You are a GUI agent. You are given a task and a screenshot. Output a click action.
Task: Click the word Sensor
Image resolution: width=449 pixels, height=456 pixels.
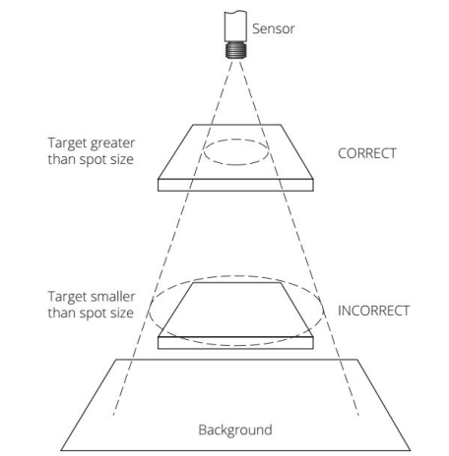(x=273, y=28)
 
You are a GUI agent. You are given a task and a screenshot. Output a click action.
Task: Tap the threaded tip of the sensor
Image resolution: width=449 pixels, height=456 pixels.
(x=235, y=50)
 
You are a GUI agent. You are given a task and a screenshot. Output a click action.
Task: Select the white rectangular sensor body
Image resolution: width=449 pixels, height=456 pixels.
(x=235, y=27)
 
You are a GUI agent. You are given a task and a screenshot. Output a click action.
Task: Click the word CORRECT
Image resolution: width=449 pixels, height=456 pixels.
(x=367, y=153)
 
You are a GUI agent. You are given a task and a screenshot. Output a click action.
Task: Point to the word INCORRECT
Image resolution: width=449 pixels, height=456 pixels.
(x=373, y=311)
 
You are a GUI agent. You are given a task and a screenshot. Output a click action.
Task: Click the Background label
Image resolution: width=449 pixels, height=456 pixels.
(x=235, y=429)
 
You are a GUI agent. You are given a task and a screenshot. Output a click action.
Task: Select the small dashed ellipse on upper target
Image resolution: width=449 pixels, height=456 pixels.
(x=236, y=140)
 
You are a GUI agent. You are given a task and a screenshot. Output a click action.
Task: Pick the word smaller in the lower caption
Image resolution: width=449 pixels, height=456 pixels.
(x=112, y=297)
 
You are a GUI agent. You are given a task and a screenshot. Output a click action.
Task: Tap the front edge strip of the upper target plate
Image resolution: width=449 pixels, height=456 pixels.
(x=235, y=185)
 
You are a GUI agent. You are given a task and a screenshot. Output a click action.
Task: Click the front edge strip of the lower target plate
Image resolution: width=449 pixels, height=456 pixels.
(x=235, y=343)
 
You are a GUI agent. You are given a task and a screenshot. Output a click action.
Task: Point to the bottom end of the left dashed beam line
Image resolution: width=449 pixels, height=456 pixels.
(x=113, y=416)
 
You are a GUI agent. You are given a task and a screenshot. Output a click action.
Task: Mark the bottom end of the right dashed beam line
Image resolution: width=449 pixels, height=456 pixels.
(x=358, y=416)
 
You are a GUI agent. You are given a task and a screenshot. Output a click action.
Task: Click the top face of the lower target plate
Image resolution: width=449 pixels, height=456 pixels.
(x=235, y=310)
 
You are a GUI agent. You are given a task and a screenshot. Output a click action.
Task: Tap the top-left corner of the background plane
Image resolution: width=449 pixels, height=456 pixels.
(x=116, y=360)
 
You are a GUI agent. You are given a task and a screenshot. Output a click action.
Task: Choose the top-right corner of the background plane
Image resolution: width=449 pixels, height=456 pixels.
(x=357, y=360)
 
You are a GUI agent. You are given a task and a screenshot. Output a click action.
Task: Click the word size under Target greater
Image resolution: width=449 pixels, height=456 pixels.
(x=122, y=159)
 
